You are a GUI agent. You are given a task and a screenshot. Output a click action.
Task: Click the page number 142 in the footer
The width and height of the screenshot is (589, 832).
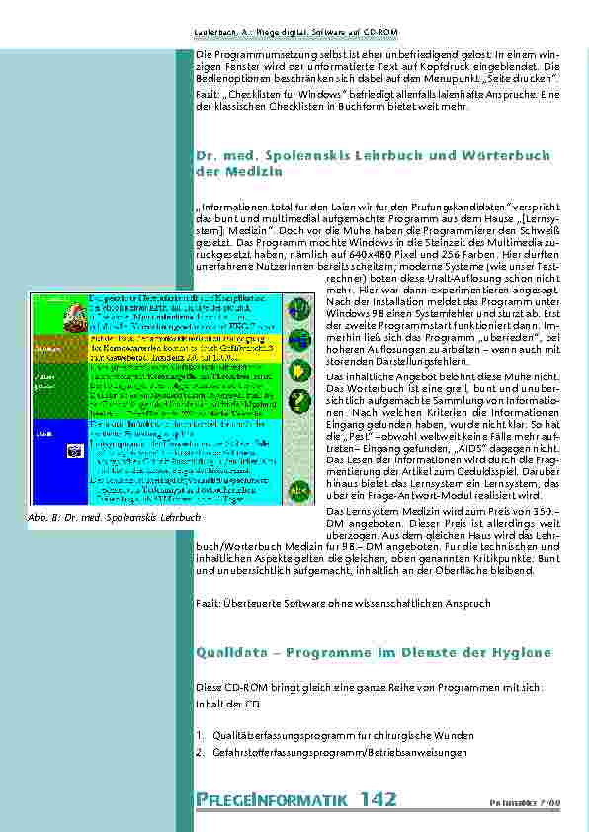point(379,798)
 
